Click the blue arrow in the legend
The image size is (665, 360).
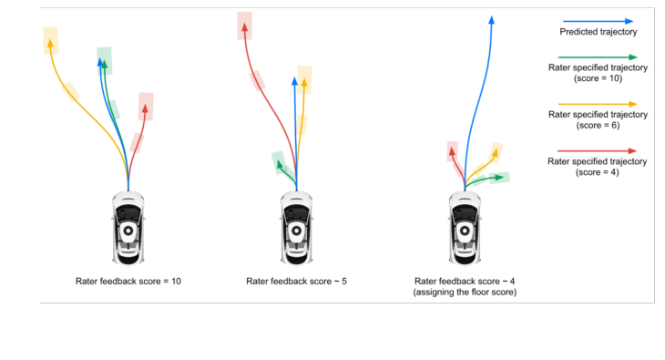tap(598, 21)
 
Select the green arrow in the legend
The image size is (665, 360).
tap(598, 57)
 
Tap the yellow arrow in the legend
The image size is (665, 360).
tap(598, 104)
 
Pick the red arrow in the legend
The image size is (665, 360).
tap(598, 150)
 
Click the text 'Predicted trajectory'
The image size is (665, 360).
tap(598, 32)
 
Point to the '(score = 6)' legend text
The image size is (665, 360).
tap(598, 125)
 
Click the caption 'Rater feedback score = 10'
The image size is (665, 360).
tap(128, 281)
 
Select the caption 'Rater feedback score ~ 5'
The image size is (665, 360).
tap(296, 281)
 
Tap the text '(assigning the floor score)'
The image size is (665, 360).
tap(465, 292)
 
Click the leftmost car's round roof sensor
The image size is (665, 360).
tap(128, 231)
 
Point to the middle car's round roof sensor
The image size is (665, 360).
tap(296, 231)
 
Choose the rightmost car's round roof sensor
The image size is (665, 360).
tap(465, 231)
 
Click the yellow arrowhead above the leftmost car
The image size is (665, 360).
tap(50, 43)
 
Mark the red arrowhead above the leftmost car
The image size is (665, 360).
tap(145, 108)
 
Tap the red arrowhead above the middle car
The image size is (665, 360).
tap(245, 26)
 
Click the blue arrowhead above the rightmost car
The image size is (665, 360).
tap(492, 20)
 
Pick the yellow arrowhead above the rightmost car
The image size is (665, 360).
tap(495, 153)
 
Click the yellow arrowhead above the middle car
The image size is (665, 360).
tap(304, 82)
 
